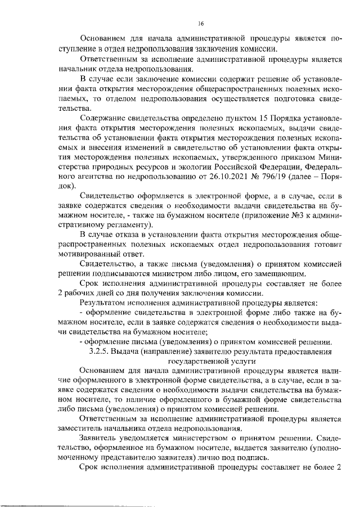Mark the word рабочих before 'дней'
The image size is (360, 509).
tap(83, 294)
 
